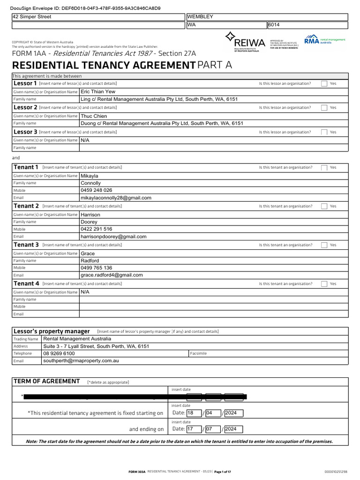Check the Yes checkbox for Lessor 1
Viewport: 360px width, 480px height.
(324, 83)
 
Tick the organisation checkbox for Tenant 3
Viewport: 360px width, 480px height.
(324, 245)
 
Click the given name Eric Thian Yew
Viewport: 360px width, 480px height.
(98, 92)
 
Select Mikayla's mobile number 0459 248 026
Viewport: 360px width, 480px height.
(97, 190)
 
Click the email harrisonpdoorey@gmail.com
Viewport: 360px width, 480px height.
(113, 237)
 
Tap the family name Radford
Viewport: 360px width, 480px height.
(90, 261)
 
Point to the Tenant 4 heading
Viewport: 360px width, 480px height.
(27, 284)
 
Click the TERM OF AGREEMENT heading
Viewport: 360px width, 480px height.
(47, 381)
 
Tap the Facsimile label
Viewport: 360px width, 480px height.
(199, 353)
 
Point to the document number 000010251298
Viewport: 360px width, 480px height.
(336, 471)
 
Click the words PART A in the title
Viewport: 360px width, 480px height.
(215, 65)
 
